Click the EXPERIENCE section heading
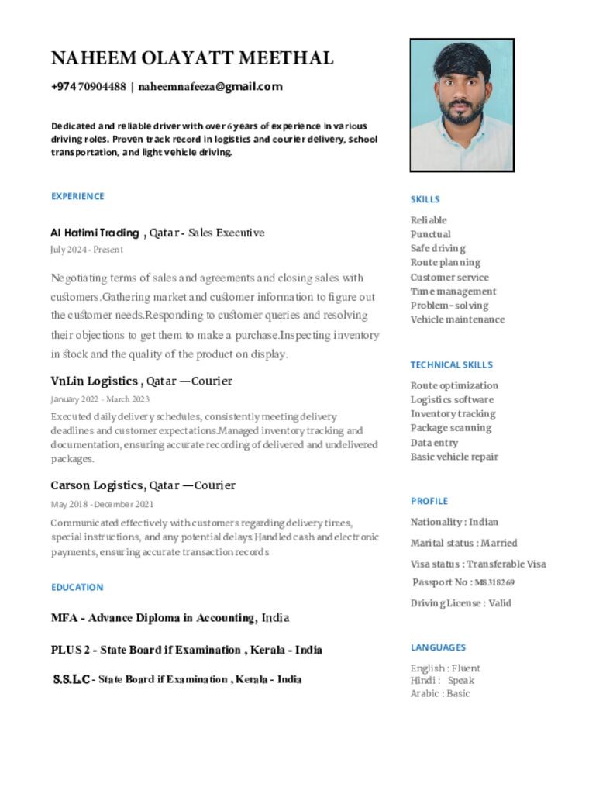[77, 196]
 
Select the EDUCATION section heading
[77, 587]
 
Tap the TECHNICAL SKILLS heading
[451, 364]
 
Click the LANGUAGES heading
[438, 647]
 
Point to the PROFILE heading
[429, 501]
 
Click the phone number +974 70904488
[88, 87]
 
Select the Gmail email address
[210, 87]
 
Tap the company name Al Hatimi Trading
[95, 233]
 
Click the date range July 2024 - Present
[87, 250]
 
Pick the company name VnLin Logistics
[95, 381]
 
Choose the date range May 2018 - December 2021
[102, 504]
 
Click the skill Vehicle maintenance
[457, 319]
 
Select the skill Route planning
[445, 263]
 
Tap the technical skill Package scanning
[450, 428]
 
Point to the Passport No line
[463, 582]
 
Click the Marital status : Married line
[463, 543]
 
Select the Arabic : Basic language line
[440, 693]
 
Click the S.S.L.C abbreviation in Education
[71, 679]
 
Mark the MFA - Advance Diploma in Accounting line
[170, 618]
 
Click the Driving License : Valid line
[460, 603]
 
